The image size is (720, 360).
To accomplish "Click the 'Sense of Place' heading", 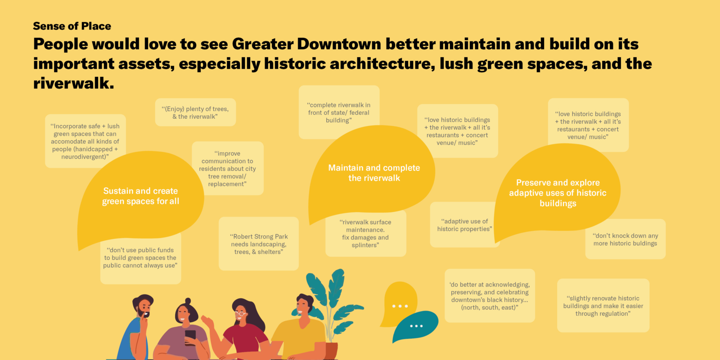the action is (72, 26).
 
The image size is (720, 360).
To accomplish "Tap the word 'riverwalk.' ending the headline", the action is (74, 83).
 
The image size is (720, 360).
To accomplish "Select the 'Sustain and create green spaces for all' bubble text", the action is (140, 196).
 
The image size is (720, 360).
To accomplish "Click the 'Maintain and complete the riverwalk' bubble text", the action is (374, 173).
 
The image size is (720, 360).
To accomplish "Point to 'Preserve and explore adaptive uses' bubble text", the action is (558, 193).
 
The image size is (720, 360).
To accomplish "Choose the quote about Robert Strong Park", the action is (259, 244).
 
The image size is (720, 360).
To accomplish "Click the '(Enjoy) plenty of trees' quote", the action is (195, 112).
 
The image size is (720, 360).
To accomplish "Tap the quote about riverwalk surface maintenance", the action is (365, 234).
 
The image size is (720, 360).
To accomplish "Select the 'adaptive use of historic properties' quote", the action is (464, 225).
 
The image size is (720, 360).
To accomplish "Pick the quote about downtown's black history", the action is (490, 296).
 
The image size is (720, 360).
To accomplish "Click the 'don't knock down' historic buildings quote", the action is (625, 239).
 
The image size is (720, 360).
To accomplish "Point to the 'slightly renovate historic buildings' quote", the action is (603, 306).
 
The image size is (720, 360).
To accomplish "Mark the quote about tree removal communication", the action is (227, 169).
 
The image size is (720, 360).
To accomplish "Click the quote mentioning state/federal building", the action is (339, 112).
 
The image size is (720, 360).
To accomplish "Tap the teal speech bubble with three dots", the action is (416, 326).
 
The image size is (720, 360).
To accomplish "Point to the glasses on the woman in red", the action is (240, 313).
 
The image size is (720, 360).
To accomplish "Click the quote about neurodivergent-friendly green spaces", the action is (85, 141).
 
